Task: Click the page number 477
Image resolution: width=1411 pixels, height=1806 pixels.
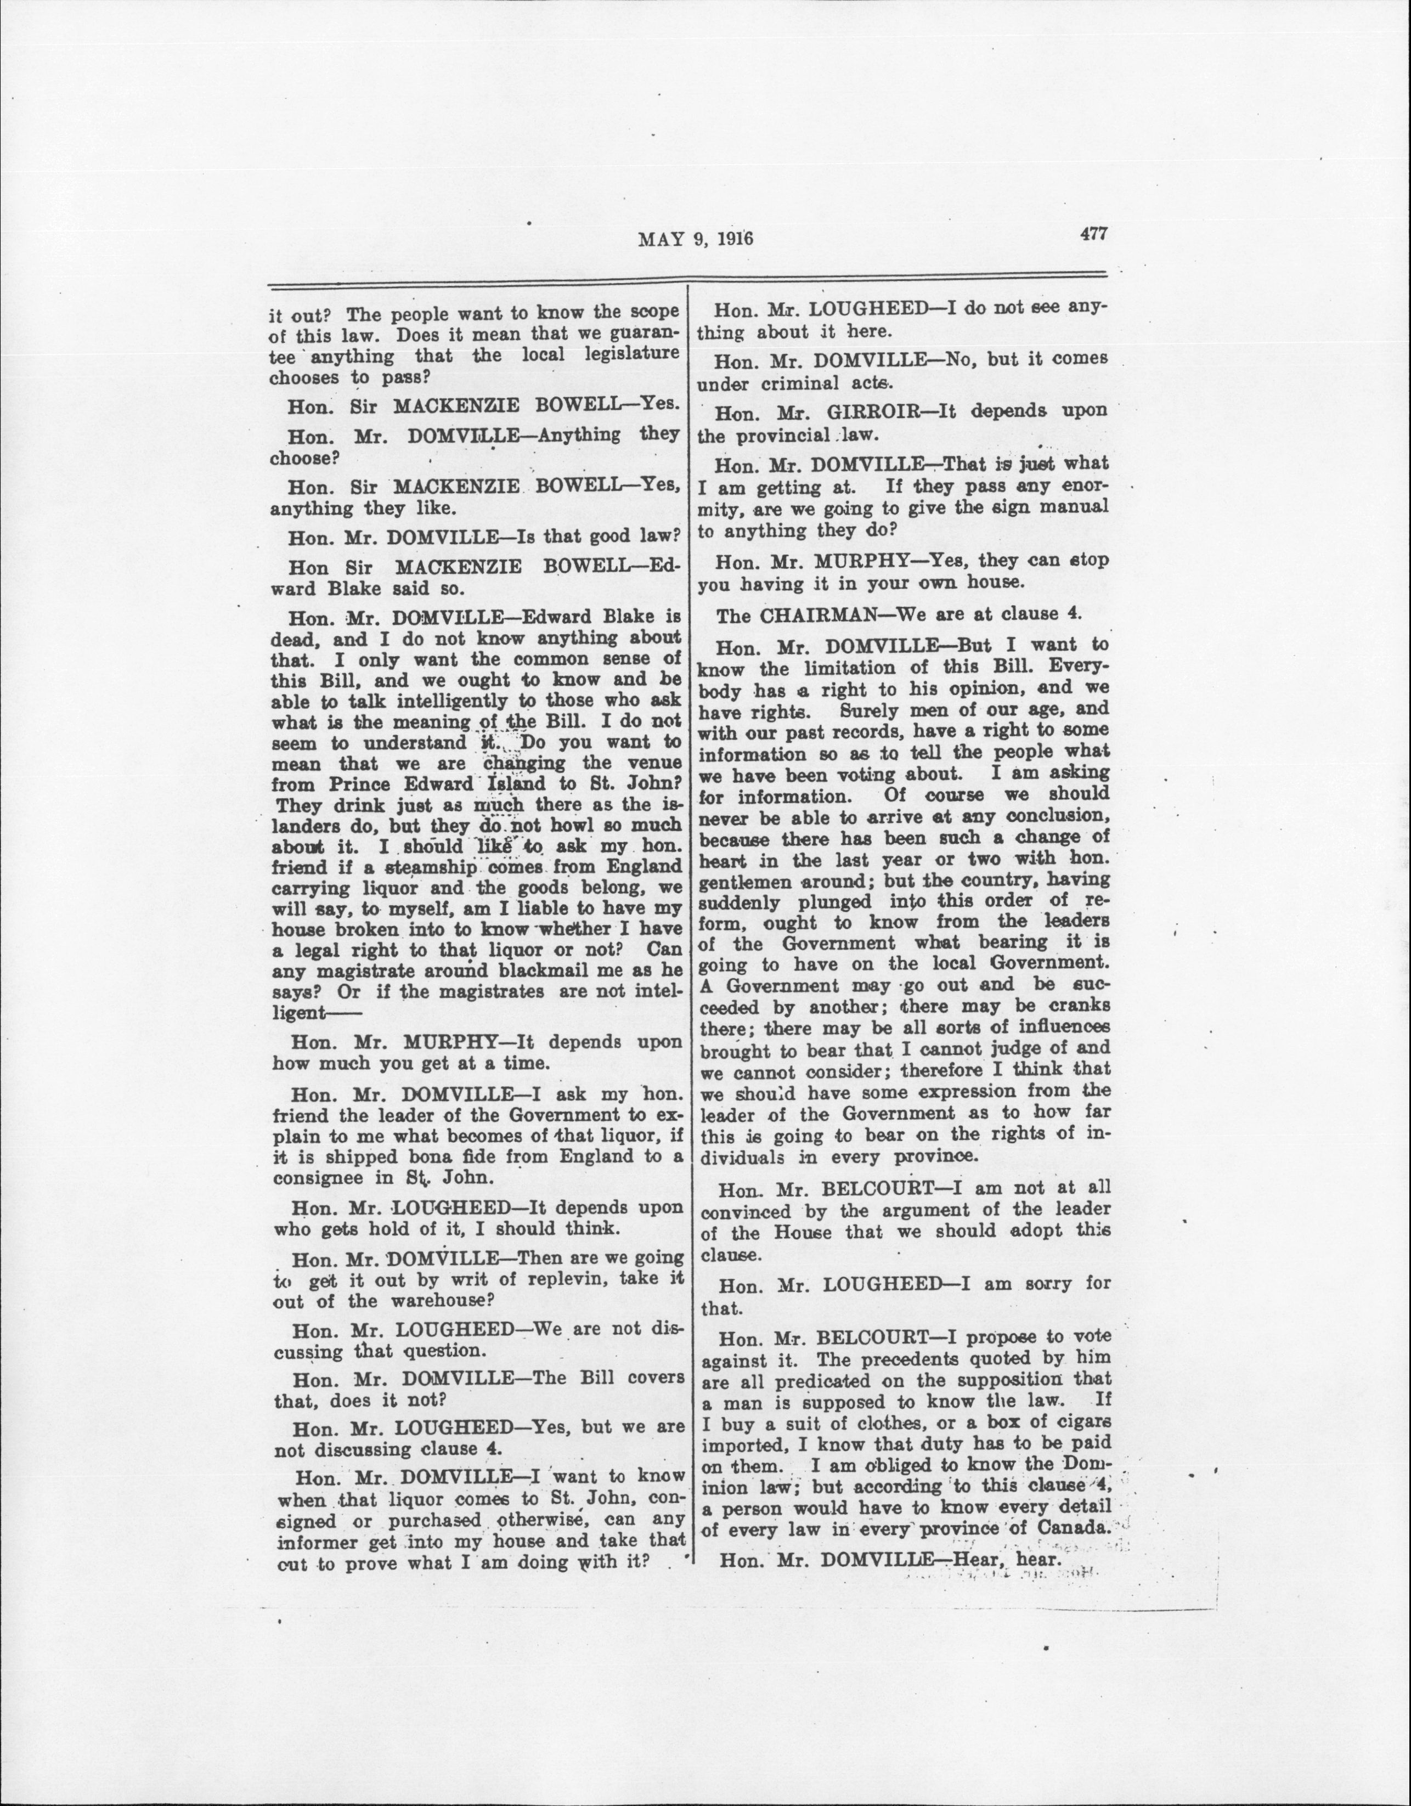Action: click(1093, 234)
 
